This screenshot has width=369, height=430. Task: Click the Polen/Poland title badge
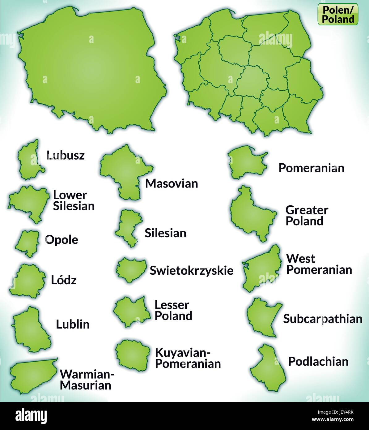tap(338, 15)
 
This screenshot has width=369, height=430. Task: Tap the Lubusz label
tap(65, 155)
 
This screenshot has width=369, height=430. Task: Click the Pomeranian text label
tap(311, 168)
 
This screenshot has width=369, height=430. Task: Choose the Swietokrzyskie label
tap(191, 270)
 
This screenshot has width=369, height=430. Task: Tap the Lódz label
tap(64, 280)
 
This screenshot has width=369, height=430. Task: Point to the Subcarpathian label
tap(322, 319)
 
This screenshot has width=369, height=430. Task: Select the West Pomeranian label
tap(319, 264)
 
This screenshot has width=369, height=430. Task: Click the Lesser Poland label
tap(173, 310)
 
